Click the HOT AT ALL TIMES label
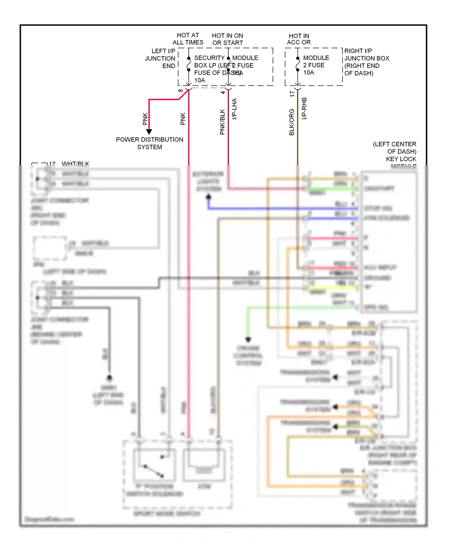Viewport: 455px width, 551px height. click(x=188, y=39)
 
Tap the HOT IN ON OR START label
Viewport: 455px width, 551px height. click(x=227, y=39)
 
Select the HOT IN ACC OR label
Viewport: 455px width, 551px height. click(x=299, y=39)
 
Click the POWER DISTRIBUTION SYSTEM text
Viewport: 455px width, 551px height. click(x=150, y=143)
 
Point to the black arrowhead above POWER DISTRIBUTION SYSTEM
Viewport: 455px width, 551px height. click(x=149, y=132)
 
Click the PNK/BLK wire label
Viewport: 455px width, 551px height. click(x=222, y=122)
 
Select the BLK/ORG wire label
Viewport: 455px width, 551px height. click(x=292, y=122)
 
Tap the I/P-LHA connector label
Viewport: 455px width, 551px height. click(x=234, y=109)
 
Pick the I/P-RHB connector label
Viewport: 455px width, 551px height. click(x=304, y=108)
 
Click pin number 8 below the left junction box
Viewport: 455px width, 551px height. click(x=180, y=91)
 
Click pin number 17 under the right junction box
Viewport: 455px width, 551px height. click(x=292, y=94)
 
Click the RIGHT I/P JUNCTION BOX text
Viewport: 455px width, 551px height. click(x=366, y=62)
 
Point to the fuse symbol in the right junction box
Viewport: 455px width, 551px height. click(x=298, y=64)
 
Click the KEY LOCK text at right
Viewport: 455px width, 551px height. click(x=401, y=159)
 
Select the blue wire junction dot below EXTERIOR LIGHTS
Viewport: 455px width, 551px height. click(x=208, y=197)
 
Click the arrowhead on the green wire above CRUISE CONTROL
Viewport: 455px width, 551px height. click(x=248, y=339)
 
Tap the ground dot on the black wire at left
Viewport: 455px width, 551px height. click(x=109, y=378)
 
